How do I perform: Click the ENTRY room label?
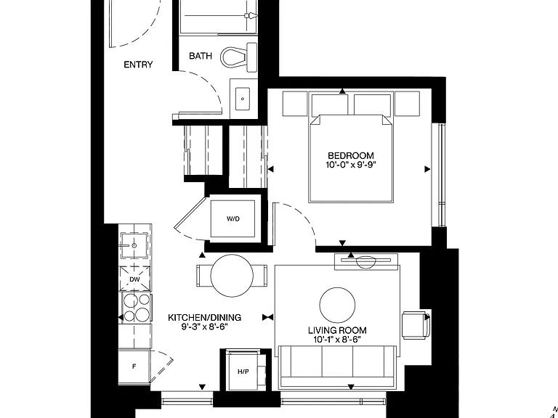point(138,65)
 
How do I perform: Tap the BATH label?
point(201,56)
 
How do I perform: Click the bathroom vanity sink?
point(243,99)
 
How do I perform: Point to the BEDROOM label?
point(350,156)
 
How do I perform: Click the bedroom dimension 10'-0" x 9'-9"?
point(350,165)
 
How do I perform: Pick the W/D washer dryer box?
point(232,218)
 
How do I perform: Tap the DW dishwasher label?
point(134,279)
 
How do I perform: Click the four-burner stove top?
point(137,307)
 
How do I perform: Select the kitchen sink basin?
point(134,245)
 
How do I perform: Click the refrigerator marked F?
point(134,366)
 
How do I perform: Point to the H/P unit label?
point(243,372)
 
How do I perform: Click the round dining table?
point(232,276)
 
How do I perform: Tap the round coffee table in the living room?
point(337,305)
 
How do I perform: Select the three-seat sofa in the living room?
point(337,366)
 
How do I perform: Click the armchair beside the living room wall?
point(416,324)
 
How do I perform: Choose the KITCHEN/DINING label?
point(204,317)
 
